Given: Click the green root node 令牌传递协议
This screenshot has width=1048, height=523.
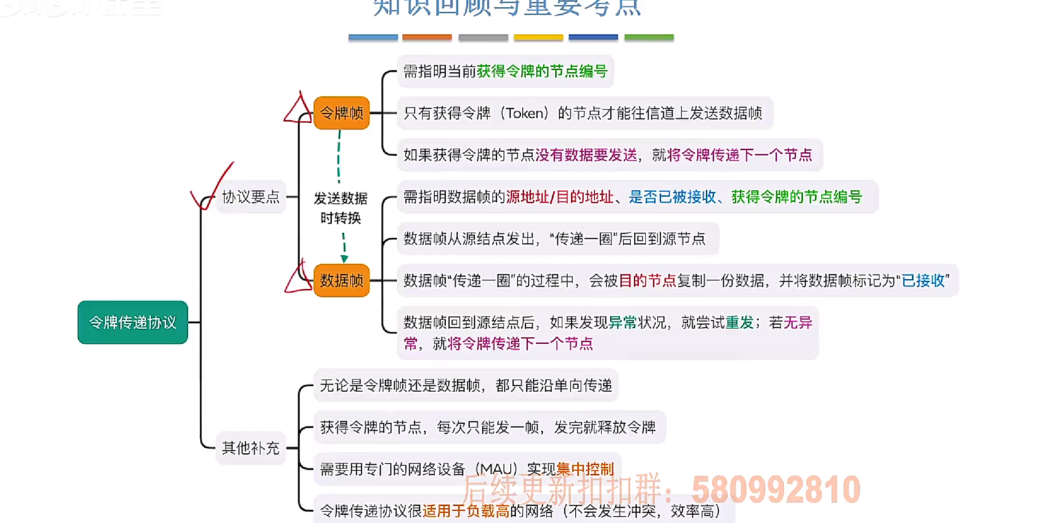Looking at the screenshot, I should (x=133, y=322).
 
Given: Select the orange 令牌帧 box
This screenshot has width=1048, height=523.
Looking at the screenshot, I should (x=341, y=113).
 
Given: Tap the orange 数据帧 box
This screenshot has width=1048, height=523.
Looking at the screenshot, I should (x=341, y=281).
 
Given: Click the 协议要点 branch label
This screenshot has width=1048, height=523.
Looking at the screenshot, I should (x=251, y=197).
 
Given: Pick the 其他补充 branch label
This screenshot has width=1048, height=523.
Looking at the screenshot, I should (x=251, y=448).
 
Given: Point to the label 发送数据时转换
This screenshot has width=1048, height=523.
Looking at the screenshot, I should (x=341, y=208).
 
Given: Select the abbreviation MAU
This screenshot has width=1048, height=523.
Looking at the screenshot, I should (x=496, y=469).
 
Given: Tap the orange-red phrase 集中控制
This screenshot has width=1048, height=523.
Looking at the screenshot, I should (x=585, y=469).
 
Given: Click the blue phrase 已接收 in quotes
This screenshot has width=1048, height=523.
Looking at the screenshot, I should (x=923, y=281).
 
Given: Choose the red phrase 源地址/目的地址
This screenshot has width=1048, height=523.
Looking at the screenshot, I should (x=559, y=197).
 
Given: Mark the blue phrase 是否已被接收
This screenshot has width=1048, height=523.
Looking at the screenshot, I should (x=672, y=197).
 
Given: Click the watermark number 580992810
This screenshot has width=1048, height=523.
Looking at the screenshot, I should (x=776, y=490).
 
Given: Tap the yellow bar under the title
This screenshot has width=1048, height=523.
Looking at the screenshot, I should (x=538, y=38).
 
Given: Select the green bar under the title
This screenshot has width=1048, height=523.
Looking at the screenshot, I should (x=649, y=38).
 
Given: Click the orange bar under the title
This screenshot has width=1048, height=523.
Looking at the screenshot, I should (x=427, y=38).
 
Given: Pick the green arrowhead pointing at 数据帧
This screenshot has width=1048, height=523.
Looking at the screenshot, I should (x=344, y=259).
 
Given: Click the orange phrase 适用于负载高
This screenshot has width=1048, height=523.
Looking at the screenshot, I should (x=466, y=511).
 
